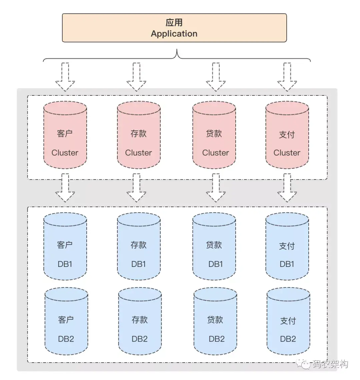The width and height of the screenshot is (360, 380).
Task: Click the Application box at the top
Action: (174, 28)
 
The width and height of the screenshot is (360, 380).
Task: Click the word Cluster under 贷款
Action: (215, 153)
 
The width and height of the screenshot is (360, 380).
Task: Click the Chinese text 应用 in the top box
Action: (174, 23)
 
